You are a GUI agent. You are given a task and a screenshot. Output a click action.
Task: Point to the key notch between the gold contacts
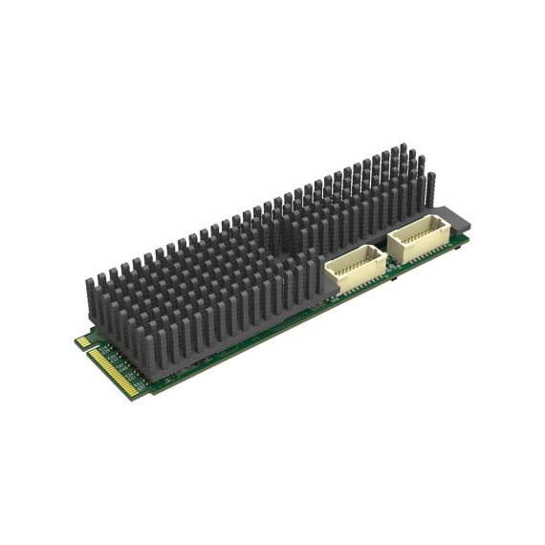click(x=88, y=348)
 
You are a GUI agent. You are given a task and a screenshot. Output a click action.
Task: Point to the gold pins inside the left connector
click(x=356, y=258)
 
